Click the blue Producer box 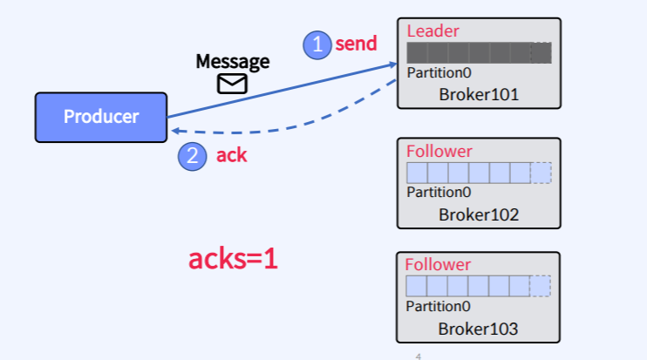pyautogui.click(x=100, y=117)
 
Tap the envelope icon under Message pyautogui.click(x=232, y=84)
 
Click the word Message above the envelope pyautogui.click(x=233, y=62)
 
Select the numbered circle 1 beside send pyautogui.click(x=317, y=44)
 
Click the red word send pyautogui.click(x=357, y=44)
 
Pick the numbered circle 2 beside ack pyautogui.click(x=192, y=156)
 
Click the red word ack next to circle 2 pyautogui.click(x=232, y=156)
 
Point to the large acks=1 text pyautogui.click(x=233, y=258)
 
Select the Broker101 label pyautogui.click(x=479, y=94)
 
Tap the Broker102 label pyautogui.click(x=479, y=214)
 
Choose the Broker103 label pyautogui.click(x=479, y=329)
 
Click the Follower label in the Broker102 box pyautogui.click(x=439, y=152)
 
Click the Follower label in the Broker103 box pyautogui.click(x=439, y=265)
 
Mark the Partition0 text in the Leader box pyautogui.click(x=439, y=72)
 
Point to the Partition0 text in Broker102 pyautogui.click(x=439, y=193)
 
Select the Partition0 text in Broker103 pyautogui.click(x=439, y=306)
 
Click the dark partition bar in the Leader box pyautogui.click(x=471, y=52)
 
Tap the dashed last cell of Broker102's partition pyautogui.click(x=541, y=173)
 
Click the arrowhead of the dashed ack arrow pyautogui.click(x=174, y=130)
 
